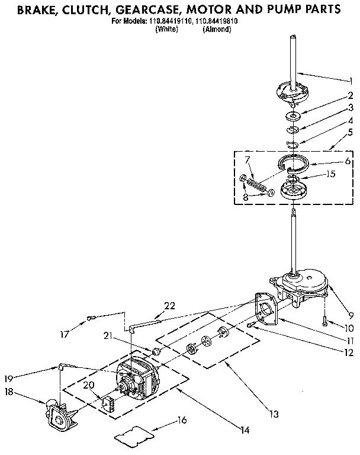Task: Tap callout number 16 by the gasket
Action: pyautogui.click(x=182, y=420)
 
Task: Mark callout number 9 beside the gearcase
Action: pyautogui.click(x=351, y=315)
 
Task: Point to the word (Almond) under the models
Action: pyautogui.click(x=217, y=29)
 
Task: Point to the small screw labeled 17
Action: pyautogui.click(x=91, y=319)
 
